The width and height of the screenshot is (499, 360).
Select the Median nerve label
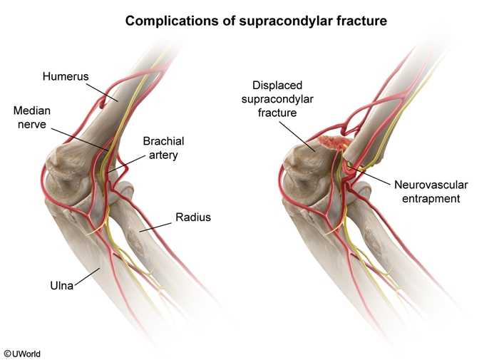(x=32, y=118)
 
